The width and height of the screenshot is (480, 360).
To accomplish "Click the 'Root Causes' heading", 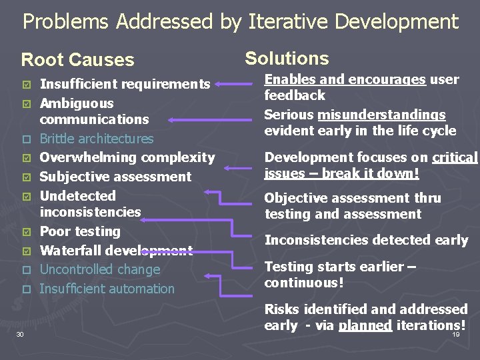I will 77,59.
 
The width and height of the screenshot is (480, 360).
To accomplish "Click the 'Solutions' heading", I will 287,58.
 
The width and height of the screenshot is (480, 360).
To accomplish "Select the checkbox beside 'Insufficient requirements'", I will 26,85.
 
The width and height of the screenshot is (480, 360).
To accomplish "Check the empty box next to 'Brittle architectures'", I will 26,139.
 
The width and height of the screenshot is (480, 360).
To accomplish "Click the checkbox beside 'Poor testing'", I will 26,232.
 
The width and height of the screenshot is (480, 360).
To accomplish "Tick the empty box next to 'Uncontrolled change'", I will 26,270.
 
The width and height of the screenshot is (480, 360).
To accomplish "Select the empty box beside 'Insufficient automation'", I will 26,289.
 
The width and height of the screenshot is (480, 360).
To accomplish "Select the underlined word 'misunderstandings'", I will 381,115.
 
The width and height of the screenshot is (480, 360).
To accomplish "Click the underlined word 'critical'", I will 455,157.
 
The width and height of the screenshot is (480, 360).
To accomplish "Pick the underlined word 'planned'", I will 365,325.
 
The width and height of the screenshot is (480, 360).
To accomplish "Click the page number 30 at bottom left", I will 20,334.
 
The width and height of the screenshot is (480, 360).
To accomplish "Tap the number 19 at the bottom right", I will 456,334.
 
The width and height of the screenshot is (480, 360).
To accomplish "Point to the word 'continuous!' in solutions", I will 304,283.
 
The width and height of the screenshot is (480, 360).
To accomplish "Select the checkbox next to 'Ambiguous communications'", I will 26,104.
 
